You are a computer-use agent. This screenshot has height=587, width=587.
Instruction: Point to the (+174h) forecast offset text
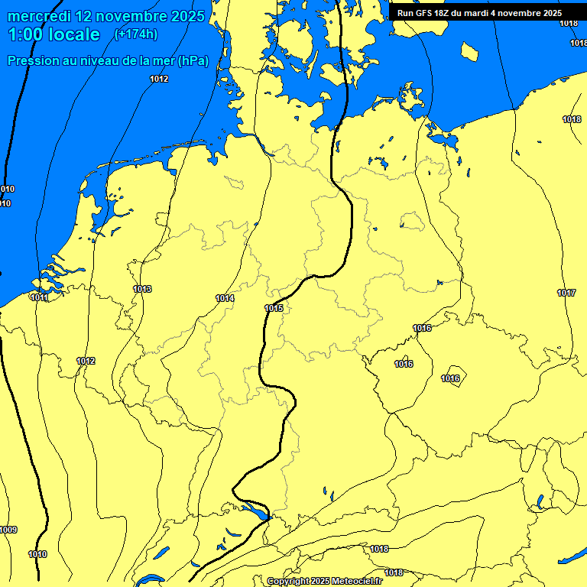point(135,34)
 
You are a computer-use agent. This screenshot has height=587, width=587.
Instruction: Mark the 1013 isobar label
point(142,289)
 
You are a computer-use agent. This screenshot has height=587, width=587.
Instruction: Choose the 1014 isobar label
point(225,298)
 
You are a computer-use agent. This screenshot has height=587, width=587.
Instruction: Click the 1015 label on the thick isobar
point(274,308)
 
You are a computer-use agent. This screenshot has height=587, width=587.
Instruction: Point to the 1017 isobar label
point(566,293)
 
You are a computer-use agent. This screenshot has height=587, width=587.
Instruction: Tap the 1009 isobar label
point(8,530)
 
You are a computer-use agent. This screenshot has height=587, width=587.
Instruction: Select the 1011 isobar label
point(39,297)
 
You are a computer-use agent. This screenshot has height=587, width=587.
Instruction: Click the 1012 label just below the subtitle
point(159,79)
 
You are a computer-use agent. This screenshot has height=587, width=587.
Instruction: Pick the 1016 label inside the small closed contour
point(451,378)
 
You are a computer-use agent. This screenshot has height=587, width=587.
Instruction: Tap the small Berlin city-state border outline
point(413,222)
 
